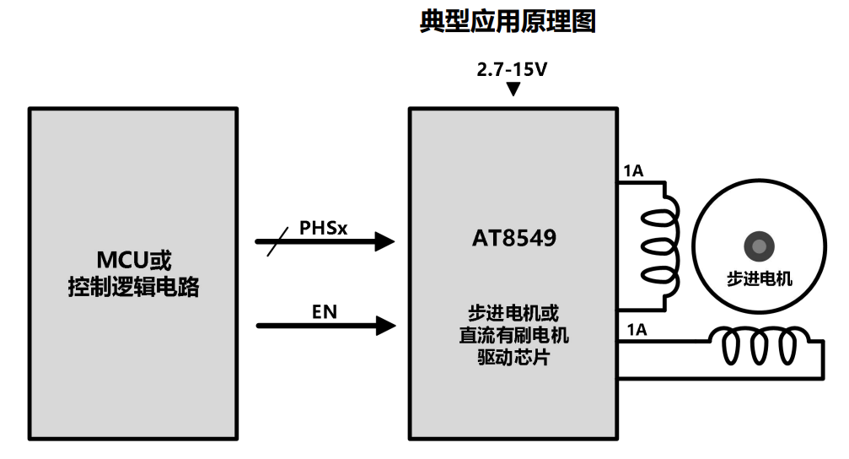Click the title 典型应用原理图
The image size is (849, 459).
tap(508, 23)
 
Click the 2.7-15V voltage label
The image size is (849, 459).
tap(512, 70)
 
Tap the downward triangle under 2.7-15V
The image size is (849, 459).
tap(513, 89)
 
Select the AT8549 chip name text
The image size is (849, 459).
tap(513, 238)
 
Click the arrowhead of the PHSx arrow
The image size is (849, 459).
tap(385, 242)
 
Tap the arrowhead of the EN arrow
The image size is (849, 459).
tap(385, 325)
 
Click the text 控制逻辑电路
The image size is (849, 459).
tap(133, 287)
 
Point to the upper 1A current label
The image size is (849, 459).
tap(633, 171)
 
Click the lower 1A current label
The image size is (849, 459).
tap(636, 331)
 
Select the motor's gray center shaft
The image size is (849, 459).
tap(759, 246)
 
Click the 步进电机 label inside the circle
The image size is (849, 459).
tap(759, 278)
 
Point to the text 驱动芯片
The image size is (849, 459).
tap(513, 357)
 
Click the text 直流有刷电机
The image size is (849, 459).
tap(513, 335)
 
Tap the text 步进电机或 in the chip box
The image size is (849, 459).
tap(513, 313)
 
